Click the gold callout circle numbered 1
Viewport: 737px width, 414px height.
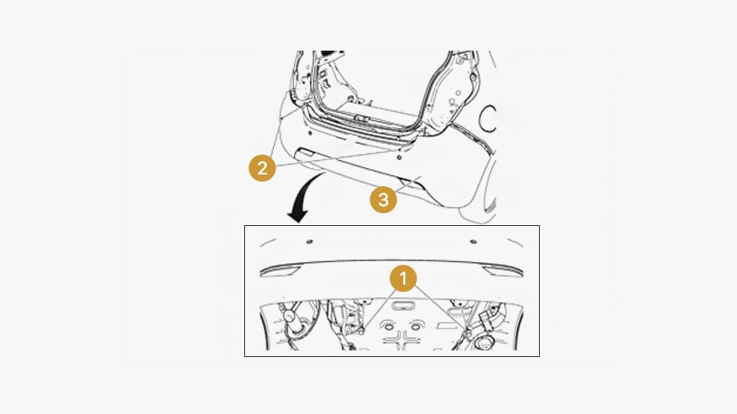[x=402, y=278]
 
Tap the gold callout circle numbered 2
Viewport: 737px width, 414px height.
[x=262, y=168]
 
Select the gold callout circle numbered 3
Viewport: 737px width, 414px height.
[x=383, y=200]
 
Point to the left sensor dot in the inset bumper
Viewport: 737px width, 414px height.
[x=309, y=241]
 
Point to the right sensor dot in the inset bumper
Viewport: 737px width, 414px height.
[x=473, y=241]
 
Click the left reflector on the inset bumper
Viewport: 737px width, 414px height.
[x=280, y=271]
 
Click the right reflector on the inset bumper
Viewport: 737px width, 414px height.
[x=502, y=271]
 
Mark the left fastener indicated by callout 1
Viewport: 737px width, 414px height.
[x=362, y=332]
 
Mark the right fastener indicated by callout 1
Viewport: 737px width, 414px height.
[x=468, y=334]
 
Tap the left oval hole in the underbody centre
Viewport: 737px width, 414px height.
[x=388, y=326]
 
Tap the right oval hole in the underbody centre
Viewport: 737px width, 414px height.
[x=415, y=326]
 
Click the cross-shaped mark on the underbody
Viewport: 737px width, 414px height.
[x=402, y=341]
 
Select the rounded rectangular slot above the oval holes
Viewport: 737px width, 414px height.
[x=402, y=306]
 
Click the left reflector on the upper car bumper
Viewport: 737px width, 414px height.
[x=306, y=152]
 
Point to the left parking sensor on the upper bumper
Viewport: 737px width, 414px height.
[x=310, y=133]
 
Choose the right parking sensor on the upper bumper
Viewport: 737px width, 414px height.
[x=399, y=157]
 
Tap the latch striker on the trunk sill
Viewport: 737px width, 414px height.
[x=361, y=118]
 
